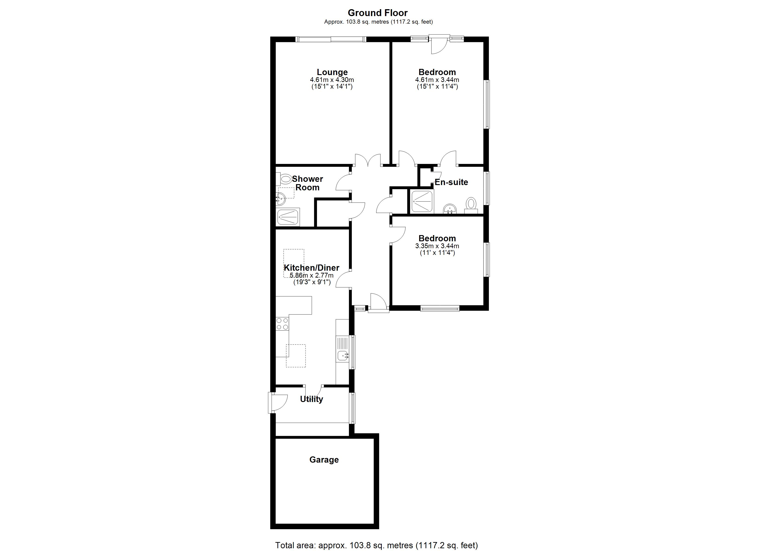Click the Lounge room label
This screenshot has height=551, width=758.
[x=332, y=72]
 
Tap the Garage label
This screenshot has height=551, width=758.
[x=324, y=460]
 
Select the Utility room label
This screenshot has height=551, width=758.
[x=311, y=399]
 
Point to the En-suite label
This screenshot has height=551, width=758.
[x=451, y=182]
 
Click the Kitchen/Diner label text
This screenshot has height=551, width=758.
[x=311, y=268]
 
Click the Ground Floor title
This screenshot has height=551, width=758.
[x=378, y=13]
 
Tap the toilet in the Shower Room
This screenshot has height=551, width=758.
[x=284, y=179]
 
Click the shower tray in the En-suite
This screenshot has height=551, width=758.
[x=422, y=202]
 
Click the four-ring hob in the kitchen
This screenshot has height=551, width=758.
[x=282, y=324]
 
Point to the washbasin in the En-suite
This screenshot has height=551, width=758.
[x=450, y=209]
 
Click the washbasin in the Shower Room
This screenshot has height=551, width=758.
[x=280, y=200]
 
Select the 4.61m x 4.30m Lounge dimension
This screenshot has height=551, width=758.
[x=332, y=80]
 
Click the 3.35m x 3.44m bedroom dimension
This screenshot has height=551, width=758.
[x=437, y=246]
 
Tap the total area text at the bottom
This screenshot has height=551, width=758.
[x=377, y=545]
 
